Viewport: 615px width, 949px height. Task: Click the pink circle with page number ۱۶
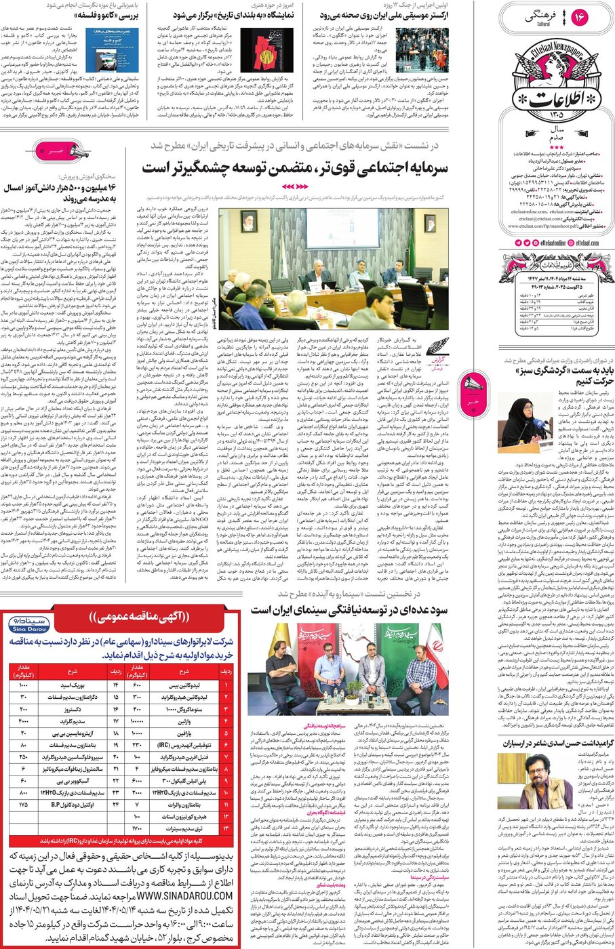[x=579, y=17]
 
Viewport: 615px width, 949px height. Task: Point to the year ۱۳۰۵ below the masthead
[x=556, y=115]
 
